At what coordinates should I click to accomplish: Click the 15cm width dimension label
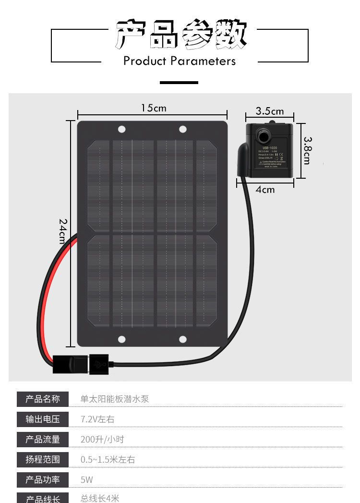tap(154, 108)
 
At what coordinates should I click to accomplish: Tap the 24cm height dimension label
tap(63, 231)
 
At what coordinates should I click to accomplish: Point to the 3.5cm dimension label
tap(269, 111)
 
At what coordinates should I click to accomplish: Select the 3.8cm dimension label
tap(308, 150)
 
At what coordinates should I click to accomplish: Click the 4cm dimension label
tap(265, 190)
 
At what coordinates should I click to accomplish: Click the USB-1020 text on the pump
tap(270, 148)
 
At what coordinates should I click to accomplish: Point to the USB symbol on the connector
tap(99, 364)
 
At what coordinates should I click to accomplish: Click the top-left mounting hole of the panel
tap(122, 129)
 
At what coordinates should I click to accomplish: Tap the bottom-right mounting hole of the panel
tap(183, 339)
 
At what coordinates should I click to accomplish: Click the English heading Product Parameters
tap(180, 61)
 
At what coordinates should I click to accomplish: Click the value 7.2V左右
tap(97, 419)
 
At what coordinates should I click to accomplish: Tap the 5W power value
tap(87, 479)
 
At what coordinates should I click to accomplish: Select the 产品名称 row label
tap(43, 399)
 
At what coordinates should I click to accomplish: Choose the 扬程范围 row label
tap(43, 459)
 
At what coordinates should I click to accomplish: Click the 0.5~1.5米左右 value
tap(108, 460)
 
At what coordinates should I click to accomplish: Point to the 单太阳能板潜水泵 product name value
tap(115, 399)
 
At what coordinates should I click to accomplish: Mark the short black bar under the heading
tap(179, 83)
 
